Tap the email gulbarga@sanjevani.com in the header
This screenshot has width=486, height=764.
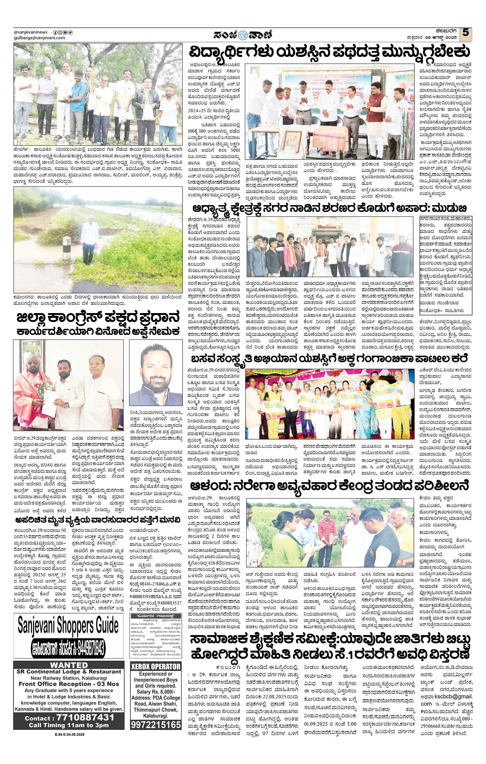tap(39, 38)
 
